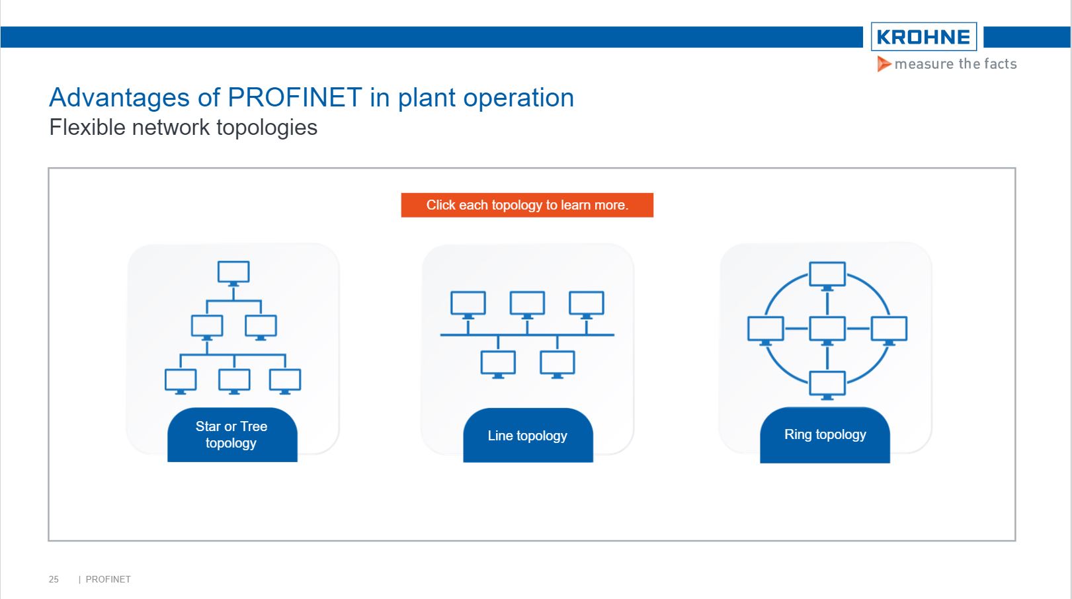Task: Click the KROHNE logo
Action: click(923, 37)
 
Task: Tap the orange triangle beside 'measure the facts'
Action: click(884, 64)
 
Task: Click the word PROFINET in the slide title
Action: click(294, 98)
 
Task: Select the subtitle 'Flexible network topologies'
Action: click(183, 127)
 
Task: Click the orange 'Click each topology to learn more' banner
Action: click(527, 205)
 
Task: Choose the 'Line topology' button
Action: click(528, 436)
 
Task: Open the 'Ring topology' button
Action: click(825, 435)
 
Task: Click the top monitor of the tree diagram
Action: click(233, 272)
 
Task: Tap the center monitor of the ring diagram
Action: click(827, 329)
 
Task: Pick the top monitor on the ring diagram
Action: click(827, 274)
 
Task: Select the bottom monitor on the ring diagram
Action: click(827, 383)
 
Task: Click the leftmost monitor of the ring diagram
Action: click(766, 329)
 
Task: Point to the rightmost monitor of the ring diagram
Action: click(889, 329)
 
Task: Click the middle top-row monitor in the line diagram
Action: click(527, 303)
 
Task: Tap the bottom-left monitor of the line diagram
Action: click(498, 363)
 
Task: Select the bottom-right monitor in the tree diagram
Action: click(285, 380)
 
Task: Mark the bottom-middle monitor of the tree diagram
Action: click(234, 380)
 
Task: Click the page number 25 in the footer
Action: click(54, 579)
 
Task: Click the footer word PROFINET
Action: click(108, 579)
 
